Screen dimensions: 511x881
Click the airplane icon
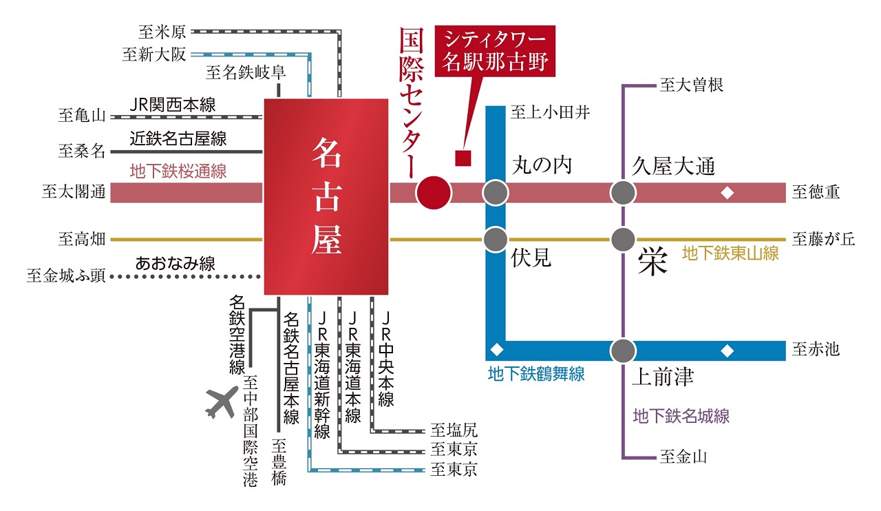[222, 402]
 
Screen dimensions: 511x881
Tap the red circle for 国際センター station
[434, 192]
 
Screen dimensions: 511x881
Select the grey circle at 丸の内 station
[495, 192]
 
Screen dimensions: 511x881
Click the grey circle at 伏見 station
[495, 240]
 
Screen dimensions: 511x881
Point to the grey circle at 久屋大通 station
[623, 192]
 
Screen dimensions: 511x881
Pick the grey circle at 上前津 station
[623, 350]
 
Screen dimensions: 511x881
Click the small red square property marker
[463, 158]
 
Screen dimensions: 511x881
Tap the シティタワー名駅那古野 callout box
[495, 51]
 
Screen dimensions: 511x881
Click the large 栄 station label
[652, 262]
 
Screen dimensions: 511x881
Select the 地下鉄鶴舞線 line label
[536, 374]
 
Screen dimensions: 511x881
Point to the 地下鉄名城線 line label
[681, 416]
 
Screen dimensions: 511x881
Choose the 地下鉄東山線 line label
[730, 253]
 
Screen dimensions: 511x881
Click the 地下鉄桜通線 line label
[178, 171]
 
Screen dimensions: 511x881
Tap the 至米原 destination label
[163, 31]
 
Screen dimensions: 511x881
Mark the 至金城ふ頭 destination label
[66, 276]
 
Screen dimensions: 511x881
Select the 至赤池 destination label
[816, 350]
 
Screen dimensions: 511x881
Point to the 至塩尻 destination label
[454, 431]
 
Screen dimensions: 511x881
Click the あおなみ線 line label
[175, 263]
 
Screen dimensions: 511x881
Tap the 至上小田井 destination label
[550, 113]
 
